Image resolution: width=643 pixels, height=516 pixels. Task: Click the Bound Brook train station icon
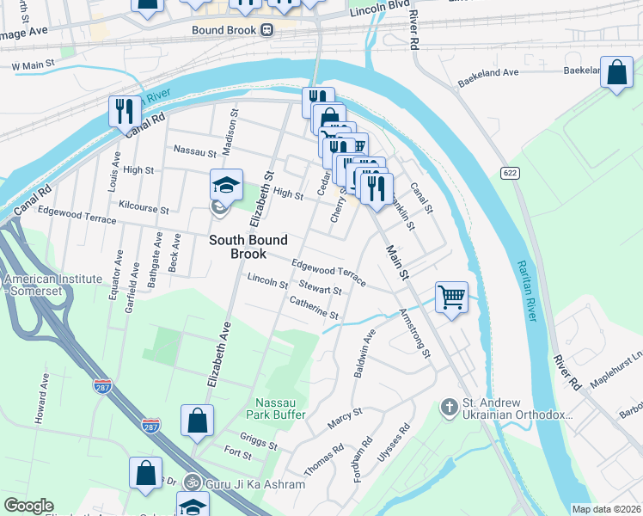pos(266,29)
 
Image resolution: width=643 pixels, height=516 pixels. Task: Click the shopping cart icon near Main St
pos(451,298)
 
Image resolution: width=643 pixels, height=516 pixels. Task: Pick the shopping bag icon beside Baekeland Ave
pos(616,73)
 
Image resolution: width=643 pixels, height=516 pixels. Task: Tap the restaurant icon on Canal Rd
pos(126,111)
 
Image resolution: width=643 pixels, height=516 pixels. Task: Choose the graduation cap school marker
pos(226,185)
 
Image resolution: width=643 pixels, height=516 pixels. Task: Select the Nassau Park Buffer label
pos(280,408)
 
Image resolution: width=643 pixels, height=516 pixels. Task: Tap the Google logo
pos(28,506)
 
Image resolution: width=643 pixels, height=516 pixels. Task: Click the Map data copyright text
pos(606,509)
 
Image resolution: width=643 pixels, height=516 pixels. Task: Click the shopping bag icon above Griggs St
pos(197,421)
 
